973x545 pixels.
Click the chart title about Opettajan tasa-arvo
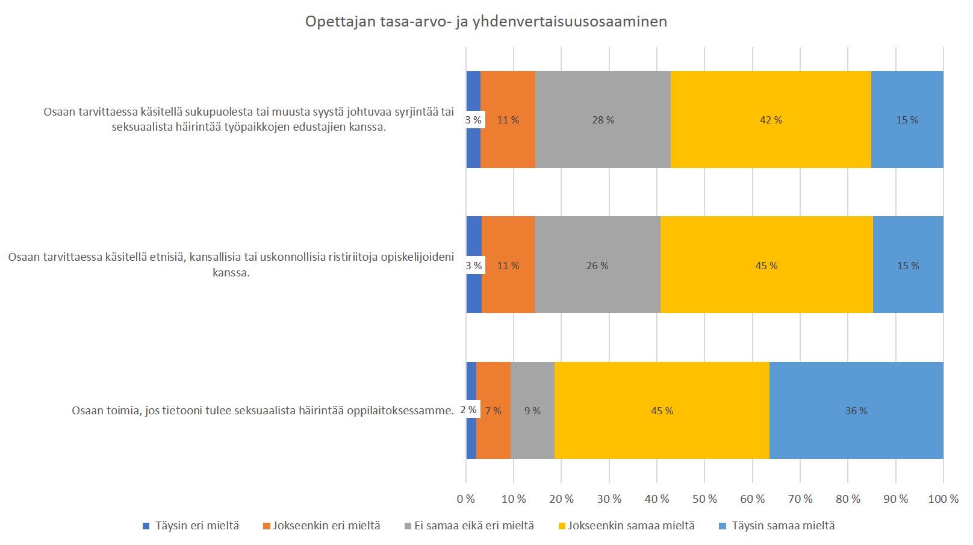[486, 22]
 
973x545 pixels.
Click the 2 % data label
[468, 410]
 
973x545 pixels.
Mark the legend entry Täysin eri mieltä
[191, 526]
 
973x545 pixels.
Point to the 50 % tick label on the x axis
[704, 499]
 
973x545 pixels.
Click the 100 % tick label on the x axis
[943, 499]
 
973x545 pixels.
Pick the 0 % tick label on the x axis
[465, 499]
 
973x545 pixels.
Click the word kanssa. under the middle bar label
[231, 273]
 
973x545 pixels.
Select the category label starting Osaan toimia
[263, 411]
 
